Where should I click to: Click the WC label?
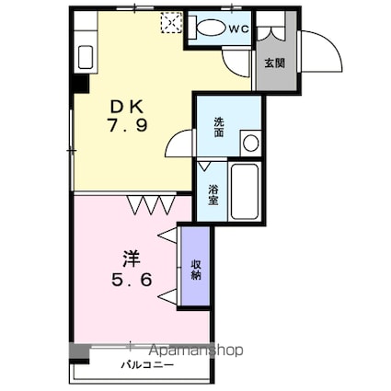pos(238,29)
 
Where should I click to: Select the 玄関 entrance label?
pos(275,63)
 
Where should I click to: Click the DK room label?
pos(127,107)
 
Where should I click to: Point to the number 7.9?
pos(127,125)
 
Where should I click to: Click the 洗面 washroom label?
pos(219,127)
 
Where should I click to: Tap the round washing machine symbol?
pos(251,144)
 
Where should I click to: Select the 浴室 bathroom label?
pos(213,195)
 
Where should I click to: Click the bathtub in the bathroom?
pos(245,191)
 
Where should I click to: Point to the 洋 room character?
pos(132,259)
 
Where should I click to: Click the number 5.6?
pos(132,280)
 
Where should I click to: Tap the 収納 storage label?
pos(196,270)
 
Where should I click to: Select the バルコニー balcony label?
pos(147,365)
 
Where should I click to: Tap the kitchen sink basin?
pos(86,57)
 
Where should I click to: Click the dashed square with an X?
pos(171,22)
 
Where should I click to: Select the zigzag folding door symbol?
pos(151,205)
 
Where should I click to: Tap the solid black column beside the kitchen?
pos(79,83)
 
